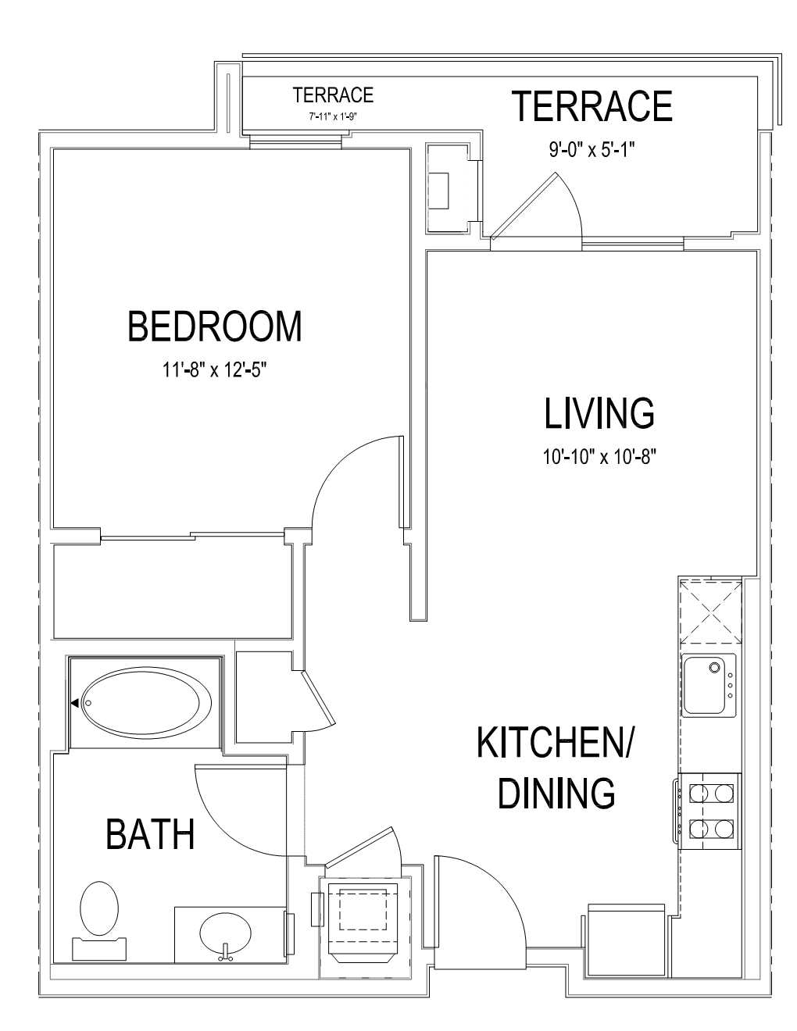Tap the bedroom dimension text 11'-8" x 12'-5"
(x=215, y=369)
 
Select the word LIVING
(x=599, y=414)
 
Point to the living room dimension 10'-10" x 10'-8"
(x=599, y=457)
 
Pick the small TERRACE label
(x=333, y=95)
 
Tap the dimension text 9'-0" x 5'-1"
(x=592, y=150)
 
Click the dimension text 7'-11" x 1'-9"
(x=333, y=116)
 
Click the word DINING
(x=556, y=793)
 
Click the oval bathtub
(x=147, y=703)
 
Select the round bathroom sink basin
(x=225, y=935)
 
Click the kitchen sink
(x=709, y=685)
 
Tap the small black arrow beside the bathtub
(x=74, y=703)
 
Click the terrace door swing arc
(x=571, y=202)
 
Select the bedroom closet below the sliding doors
(x=173, y=590)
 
